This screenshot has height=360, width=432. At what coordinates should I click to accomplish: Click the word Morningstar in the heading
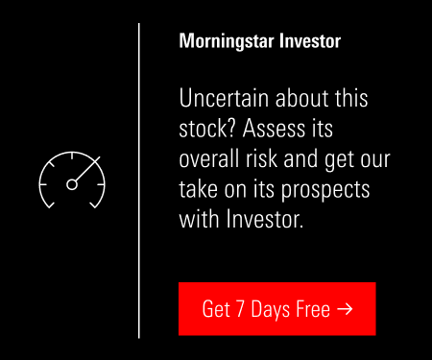pos(227,41)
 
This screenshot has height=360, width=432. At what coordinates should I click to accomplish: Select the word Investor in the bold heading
pos(310,41)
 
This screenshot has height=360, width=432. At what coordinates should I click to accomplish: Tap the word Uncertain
pos(224,98)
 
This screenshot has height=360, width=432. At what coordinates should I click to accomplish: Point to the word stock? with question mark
pos(207,129)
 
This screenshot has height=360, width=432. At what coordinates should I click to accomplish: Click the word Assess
pos(274,129)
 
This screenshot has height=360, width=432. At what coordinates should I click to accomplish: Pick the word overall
pos(209,158)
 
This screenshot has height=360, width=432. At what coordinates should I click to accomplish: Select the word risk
pos(261,158)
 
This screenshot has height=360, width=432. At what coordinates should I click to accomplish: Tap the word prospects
pos(325,191)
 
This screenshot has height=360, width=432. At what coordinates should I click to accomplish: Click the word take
pos(198,189)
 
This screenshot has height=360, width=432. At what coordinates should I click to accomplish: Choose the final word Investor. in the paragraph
pos(265,220)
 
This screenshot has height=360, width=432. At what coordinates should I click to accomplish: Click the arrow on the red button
pos(345,309)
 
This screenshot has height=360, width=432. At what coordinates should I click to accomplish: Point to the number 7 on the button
pos(240,309)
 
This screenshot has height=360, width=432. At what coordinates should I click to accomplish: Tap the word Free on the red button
pos(313,309)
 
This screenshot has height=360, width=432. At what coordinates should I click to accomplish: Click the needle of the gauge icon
pos(87,169)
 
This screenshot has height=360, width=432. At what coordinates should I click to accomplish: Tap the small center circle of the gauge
pos(72,184)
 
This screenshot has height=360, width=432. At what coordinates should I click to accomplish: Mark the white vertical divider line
pos(139,180)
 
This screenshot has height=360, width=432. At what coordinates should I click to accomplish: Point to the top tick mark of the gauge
pos(72,156)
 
